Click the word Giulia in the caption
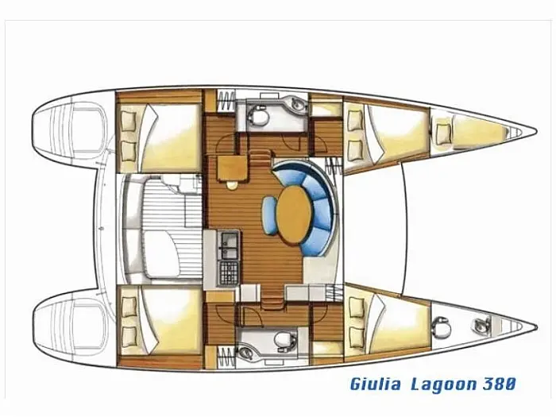tap(376, 384)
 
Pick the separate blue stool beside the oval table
tap(269, 215)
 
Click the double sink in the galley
tap(229, 245)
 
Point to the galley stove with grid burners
tap(229, 273)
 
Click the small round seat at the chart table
tap(232, 185)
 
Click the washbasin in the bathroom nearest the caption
tap(246, 353)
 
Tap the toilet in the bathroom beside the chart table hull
tap(258, 114)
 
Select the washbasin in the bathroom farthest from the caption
tap(298, 103)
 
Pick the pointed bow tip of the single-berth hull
tap(535, 326)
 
